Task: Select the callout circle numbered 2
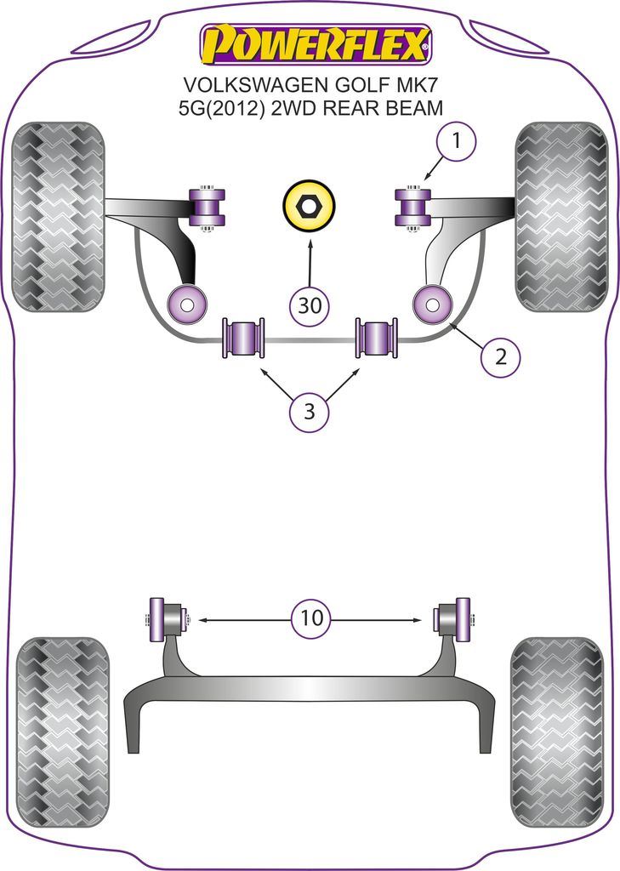pyautogui.click(x=500, y=357)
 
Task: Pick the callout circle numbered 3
pyautogui.click(x=309, y=413)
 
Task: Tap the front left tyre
pyautogui.click(x=60, y=216)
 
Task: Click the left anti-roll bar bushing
pyautogui.click(x=242, y=337)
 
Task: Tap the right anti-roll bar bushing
pyautogui.click(x=376, y=337)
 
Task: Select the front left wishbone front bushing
pyautogui.click(x=207, y=207)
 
